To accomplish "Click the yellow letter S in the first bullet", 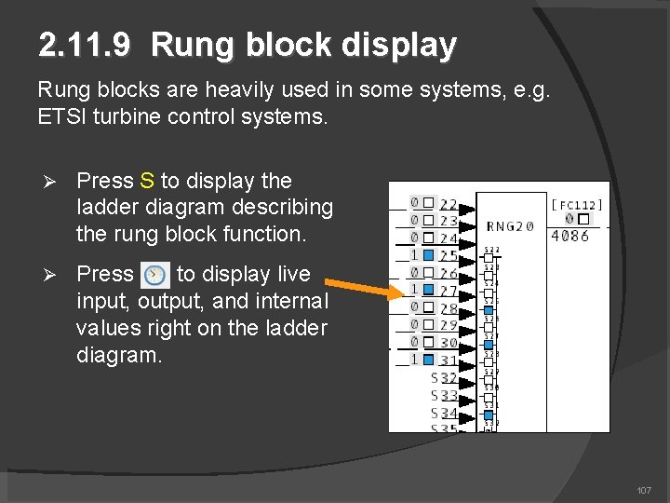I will click(x=147, y=181).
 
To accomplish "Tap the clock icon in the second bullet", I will click(x=154, y=275).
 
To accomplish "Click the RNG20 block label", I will click(x=510, y=225).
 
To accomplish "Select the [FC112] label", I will click(x=577, y=205).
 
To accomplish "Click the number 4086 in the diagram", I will click(x=569, y=236).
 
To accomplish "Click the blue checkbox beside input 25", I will click(x=428, y=255).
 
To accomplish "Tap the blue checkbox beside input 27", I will click(x=428, y=290).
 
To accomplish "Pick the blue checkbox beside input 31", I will click(x=428, y=360).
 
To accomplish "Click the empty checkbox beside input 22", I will click(x=428, y=203).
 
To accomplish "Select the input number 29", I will click(x=449, y=325).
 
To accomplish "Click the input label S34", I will click(x=444, y=412).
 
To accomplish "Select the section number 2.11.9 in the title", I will click(x=89, y=45).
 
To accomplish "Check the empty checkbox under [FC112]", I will click(x=583, y=220).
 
